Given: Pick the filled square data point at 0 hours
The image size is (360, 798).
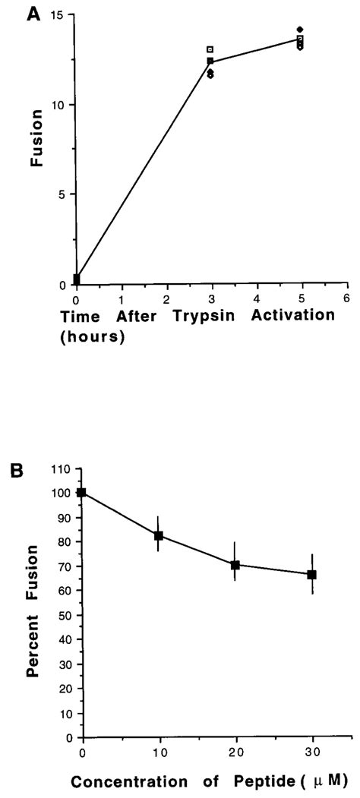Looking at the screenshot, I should (76, 279).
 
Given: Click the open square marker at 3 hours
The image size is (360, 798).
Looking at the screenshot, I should (210, 50).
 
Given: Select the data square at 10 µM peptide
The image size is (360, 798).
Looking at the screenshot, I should (159, 535).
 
